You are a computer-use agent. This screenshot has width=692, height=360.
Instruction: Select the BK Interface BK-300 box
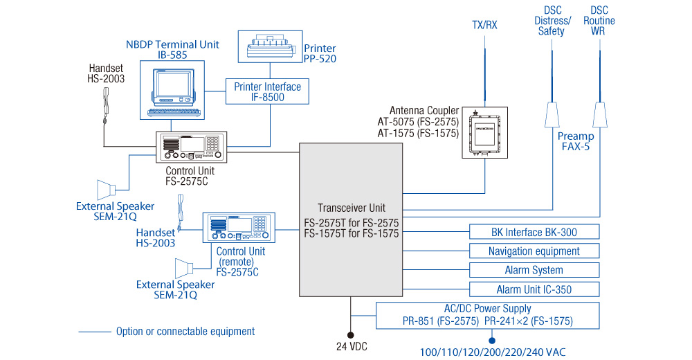[x=534, y=232]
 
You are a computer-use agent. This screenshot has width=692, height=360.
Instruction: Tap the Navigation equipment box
[x=534, y=251]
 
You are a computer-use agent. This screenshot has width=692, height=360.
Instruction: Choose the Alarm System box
[x=534, y=270]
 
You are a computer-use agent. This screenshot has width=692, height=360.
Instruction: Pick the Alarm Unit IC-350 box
[x=534, y=289]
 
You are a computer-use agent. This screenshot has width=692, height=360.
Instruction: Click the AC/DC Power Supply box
[x=488, y=315]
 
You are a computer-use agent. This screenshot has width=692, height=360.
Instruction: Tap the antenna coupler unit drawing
[x=484, y=132]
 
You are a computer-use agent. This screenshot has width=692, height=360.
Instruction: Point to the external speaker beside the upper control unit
[x=107, y=188]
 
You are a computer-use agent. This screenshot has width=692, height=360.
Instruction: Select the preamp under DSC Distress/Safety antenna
[x=553, y=115]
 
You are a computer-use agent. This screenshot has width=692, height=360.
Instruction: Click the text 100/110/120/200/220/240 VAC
[x=493, y=352]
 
